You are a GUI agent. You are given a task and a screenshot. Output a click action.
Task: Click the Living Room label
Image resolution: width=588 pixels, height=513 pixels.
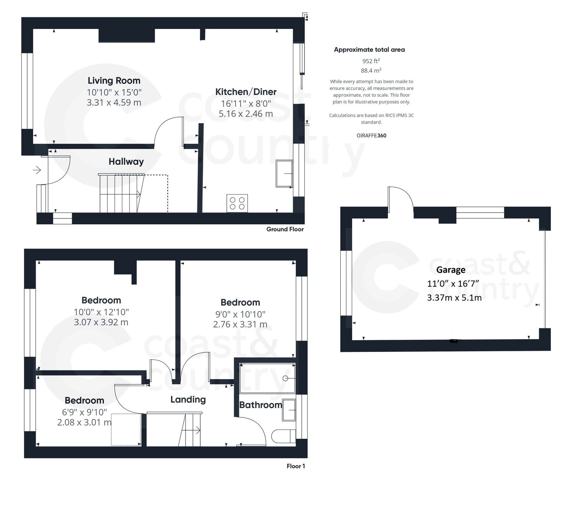114,81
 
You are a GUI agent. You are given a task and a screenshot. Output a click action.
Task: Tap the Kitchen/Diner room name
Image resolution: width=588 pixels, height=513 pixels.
245,92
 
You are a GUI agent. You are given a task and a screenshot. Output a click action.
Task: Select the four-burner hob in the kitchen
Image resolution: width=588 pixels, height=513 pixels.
237,203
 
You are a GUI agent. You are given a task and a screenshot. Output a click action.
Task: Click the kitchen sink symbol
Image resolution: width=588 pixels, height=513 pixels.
284,174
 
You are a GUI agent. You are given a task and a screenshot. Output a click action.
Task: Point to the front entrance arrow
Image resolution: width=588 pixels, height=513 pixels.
37,170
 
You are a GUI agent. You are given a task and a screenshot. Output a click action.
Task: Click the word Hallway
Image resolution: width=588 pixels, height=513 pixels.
126,161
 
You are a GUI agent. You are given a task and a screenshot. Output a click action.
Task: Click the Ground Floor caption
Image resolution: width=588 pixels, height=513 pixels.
285,229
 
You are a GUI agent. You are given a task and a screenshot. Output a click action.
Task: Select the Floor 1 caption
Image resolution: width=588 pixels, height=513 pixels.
295,466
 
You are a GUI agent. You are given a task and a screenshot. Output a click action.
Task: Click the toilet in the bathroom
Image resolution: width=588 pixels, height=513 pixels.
283,436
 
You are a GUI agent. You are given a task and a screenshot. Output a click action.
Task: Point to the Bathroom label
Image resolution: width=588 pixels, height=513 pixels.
261,405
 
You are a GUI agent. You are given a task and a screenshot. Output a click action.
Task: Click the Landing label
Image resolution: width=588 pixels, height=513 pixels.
188,399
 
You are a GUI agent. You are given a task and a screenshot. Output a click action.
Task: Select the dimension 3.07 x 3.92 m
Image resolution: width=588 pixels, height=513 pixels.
101,322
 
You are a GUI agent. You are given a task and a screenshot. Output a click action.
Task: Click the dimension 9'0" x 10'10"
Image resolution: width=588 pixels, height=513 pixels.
240,314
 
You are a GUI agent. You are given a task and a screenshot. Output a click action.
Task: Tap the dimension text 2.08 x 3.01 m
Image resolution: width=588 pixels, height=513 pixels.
84,422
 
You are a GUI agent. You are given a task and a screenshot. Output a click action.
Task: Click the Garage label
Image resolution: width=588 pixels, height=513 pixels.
451,270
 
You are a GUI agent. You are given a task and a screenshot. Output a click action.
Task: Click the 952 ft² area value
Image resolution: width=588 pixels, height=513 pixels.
371,61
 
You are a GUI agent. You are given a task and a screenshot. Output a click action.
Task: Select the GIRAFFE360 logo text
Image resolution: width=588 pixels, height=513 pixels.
371,135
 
